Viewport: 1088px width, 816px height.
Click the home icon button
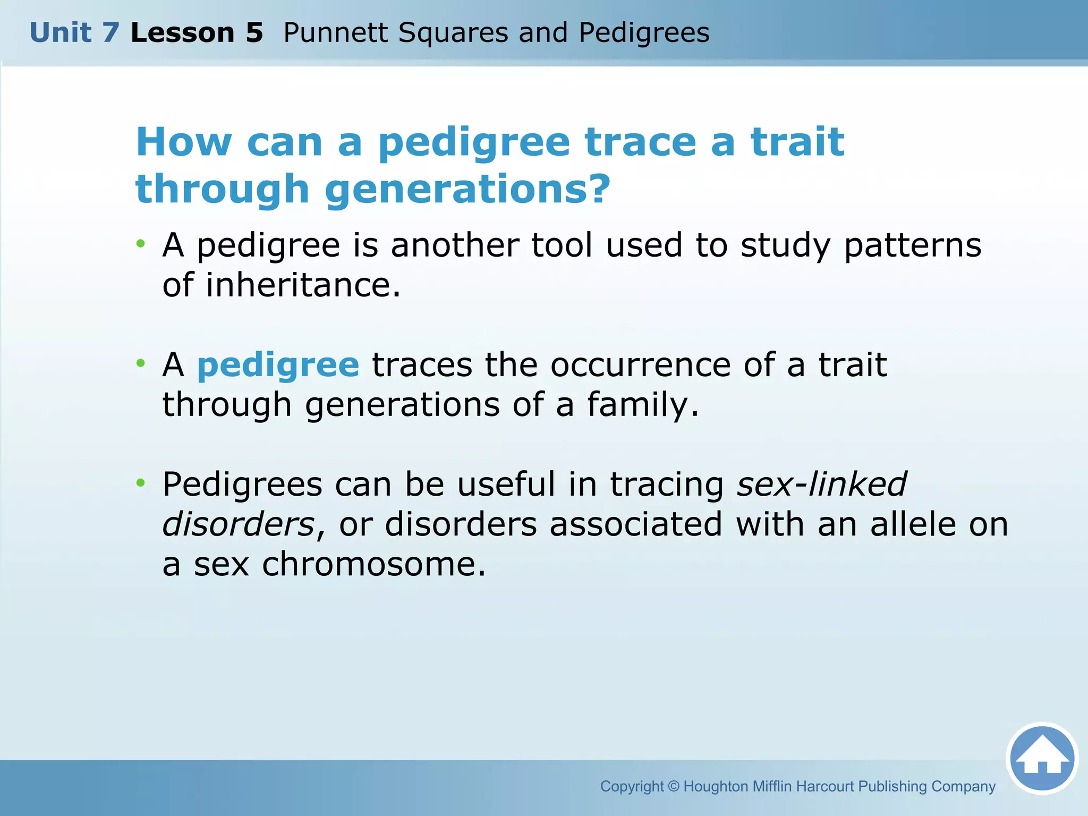tap(1042, 758)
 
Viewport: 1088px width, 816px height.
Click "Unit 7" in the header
tap(74, 33)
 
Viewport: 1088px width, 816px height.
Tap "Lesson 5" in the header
tap(197, 33)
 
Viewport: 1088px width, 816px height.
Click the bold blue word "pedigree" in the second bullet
tap(278, 366)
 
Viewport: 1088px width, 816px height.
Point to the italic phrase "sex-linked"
tap(821, 484)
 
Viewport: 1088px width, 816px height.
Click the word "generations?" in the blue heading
tap(467, 190)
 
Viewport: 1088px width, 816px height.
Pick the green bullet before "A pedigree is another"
tap(140, 244)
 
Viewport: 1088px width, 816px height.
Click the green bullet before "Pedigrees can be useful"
tap(140, 483)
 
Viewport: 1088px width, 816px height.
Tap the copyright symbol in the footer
tap(674, 786)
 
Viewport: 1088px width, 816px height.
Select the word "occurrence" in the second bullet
tap(640, 365)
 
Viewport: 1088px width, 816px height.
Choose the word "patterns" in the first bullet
tap(912, 246)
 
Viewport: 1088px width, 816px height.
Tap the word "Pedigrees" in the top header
tap(644, 33)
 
